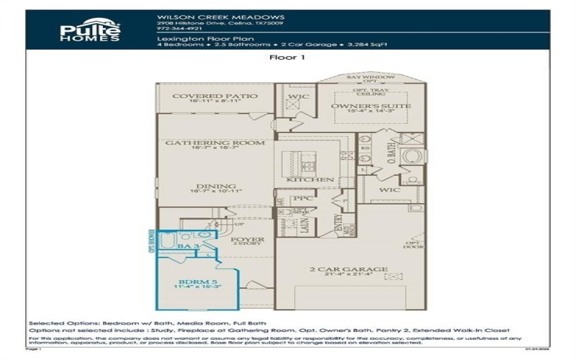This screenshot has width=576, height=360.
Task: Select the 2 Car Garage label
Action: (348, 269)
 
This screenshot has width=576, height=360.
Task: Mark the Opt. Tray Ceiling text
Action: (368, 91)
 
